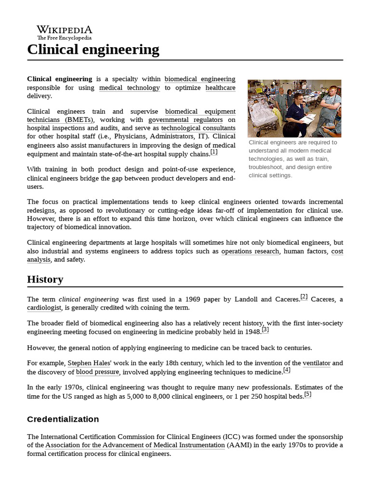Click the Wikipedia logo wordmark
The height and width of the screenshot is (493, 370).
tap(65, 30)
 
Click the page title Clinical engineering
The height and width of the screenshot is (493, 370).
tap(93, 49)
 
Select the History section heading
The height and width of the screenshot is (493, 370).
tap(45, 279)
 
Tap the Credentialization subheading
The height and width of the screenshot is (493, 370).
tap(63, 419)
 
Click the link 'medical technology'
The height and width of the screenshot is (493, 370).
tap(129, 88)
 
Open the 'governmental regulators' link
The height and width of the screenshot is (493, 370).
tap(185, 119)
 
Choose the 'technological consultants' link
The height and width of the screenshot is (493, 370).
tap(198, 128)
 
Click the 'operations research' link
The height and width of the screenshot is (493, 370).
tap(250, 251)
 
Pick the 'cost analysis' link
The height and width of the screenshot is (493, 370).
tap(337, 251)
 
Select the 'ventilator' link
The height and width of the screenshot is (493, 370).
tap(317, 363)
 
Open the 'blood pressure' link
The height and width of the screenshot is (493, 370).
tap(97, 372)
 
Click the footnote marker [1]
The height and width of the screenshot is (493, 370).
tap(214, 152)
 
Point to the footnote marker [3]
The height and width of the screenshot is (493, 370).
tap(265, 330)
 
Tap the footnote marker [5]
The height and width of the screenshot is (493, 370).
tap(307, 394)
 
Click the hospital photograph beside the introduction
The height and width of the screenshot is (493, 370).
tap(294, 108)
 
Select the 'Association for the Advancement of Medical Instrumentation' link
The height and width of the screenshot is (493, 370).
tap(135, 445)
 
